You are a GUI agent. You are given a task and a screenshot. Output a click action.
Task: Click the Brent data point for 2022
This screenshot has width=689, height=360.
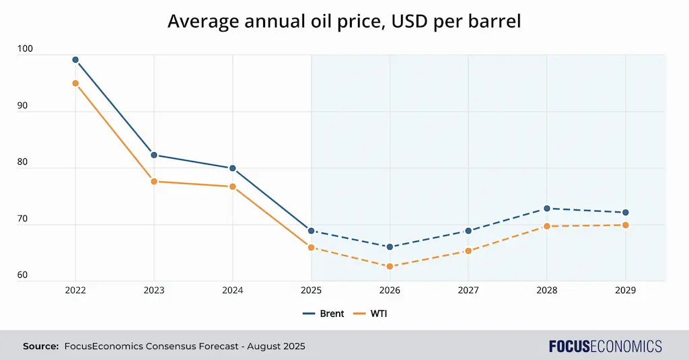(75, 60)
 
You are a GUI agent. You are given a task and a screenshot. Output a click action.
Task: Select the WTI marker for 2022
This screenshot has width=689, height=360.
(75, 83)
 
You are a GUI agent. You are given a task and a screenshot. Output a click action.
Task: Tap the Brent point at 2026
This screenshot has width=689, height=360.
(390, 247)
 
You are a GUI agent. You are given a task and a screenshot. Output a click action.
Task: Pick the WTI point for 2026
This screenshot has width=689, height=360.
(390, 266)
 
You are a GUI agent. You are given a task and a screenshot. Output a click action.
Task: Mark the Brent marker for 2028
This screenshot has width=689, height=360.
(547, 209)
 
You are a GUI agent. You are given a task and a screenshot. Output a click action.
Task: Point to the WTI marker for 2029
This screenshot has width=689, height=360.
(626, 225)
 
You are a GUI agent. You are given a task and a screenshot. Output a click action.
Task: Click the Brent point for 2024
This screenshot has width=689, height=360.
(233, 168)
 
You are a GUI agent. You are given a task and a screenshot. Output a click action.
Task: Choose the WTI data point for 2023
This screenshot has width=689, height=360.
(154, 182)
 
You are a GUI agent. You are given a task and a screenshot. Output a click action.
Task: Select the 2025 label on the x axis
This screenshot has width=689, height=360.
(311, 290)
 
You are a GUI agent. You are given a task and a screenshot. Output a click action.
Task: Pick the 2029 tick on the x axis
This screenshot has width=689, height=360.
(626, 290)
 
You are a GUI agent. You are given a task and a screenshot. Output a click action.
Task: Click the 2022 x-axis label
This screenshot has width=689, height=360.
(75, 290)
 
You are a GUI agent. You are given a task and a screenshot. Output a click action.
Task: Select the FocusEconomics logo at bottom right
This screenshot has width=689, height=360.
(605, 347)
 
